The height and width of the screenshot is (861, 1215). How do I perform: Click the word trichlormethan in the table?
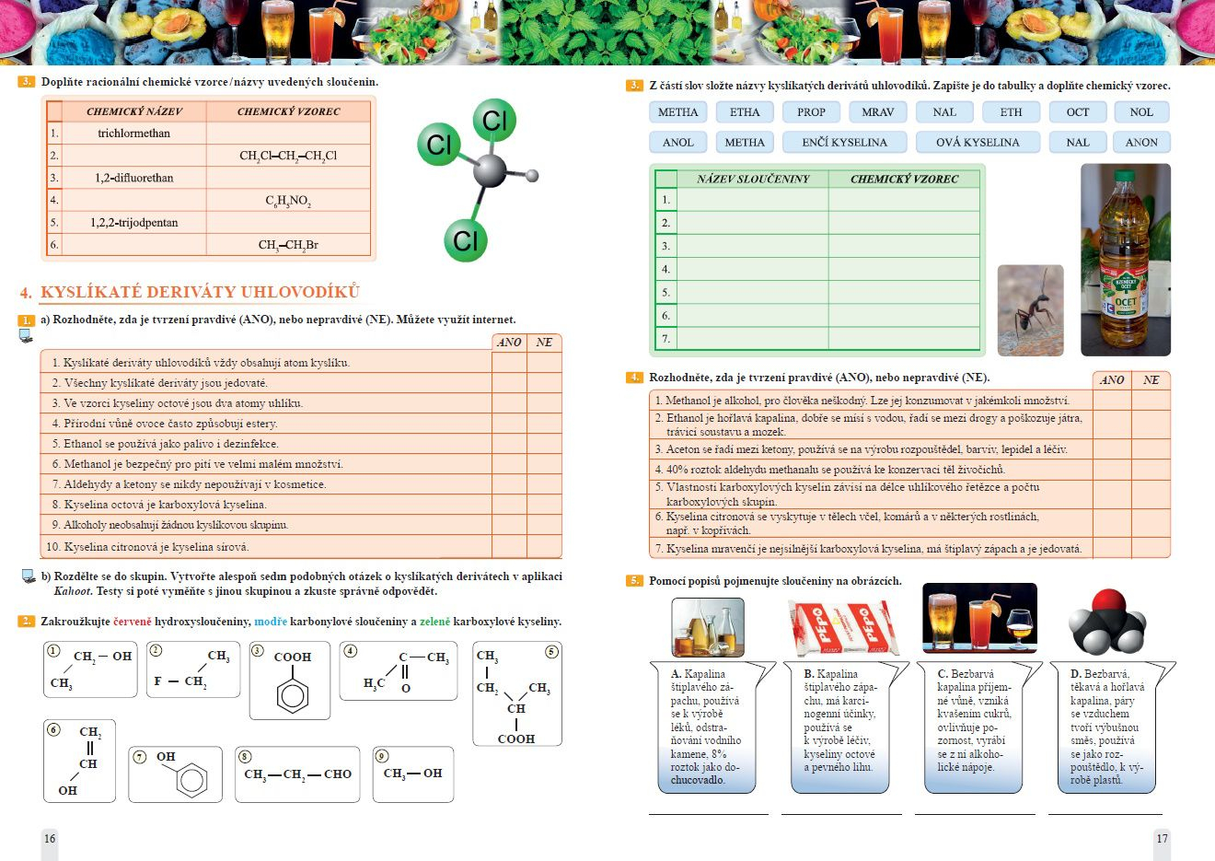pos(133,134)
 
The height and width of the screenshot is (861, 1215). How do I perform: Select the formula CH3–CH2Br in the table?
pos(288,245)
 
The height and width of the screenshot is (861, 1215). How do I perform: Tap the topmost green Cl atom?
pos(494,121)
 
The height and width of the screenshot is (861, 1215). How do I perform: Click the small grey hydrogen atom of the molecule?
pos(532,175)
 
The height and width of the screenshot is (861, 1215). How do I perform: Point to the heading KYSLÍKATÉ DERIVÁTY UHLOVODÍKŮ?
pos(200,292)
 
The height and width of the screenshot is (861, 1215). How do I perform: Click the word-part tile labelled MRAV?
pos(877,112)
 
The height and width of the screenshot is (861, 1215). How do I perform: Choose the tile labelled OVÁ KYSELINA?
pos(978,142)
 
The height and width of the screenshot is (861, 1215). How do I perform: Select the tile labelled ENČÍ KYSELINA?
pos(844,142)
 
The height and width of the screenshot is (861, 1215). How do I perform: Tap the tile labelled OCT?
pos(1077,112)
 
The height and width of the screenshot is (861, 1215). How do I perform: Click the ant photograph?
pos(1030,310)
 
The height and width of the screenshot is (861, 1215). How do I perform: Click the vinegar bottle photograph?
pos(1125,260)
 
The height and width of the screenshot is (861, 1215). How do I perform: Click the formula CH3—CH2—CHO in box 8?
pos(297,774)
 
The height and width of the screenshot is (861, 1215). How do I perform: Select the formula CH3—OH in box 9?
pos(412,774)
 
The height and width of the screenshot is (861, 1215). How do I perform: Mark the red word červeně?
pos(133,622)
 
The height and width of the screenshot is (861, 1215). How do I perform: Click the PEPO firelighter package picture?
pos(843,626)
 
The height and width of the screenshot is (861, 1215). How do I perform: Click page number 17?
pos(1162,838)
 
